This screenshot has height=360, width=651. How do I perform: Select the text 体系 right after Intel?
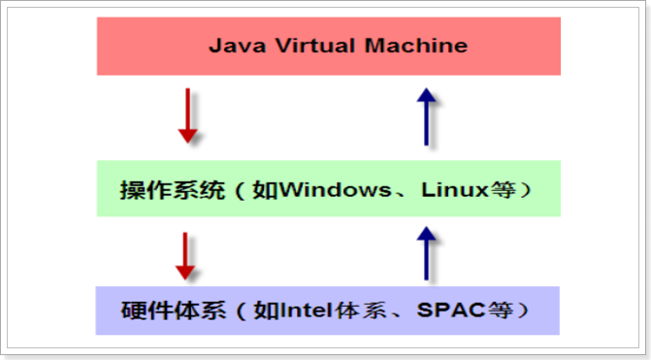[x=350, y=311]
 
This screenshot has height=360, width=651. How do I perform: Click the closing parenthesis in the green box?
[x=525, y=188]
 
